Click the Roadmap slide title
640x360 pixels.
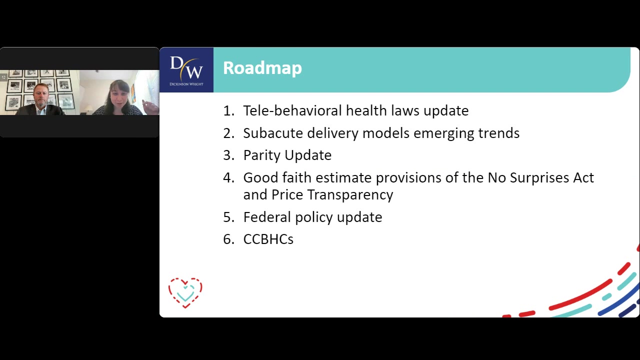pyautogui.click(x=262, y=68)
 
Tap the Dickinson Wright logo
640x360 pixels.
pyautogui.click(x=186, y=70)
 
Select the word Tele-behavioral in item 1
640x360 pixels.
pyautogui.click(x=292, y=110)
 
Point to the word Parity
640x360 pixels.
pyautogui.click(x=261, y=155)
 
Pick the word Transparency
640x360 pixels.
pyautogui.click(x=350, y=195)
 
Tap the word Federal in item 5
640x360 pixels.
pyautogui.click(x=267, y=217)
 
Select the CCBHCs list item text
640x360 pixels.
pyautogui.click(x=268, y=239)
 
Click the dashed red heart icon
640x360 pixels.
pyautogui.click(x=185, y=293)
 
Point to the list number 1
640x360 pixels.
pyautogui.click(x=228, y=110)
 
